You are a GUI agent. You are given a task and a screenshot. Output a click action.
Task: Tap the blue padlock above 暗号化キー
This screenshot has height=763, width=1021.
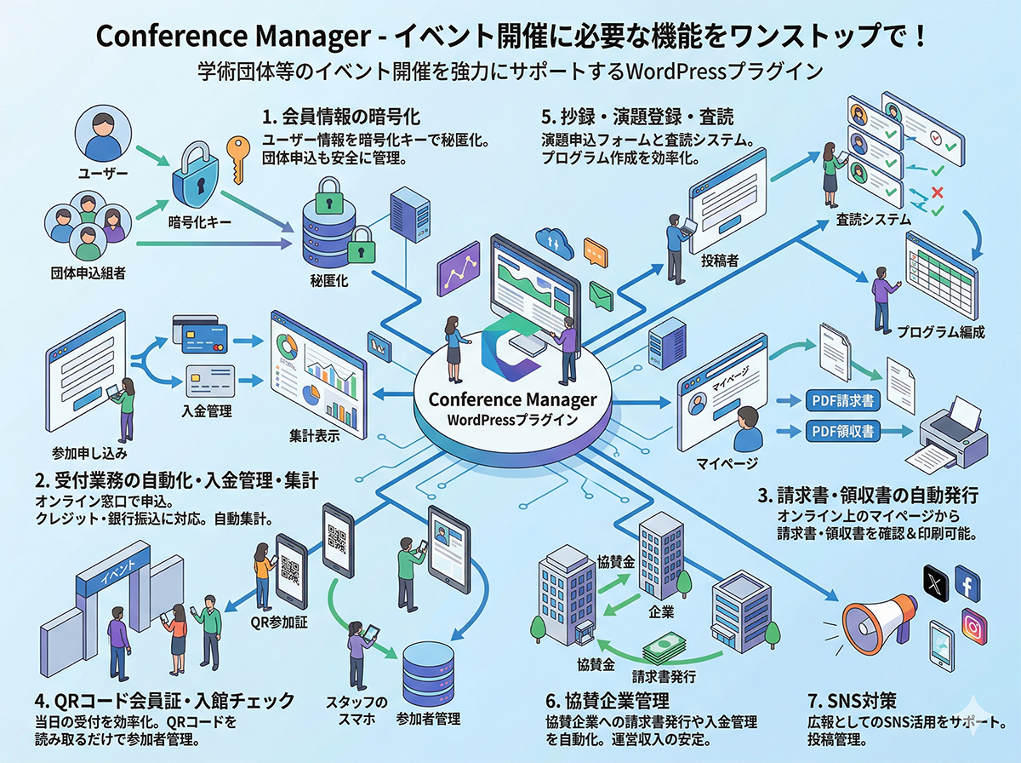click(x=198, y=179)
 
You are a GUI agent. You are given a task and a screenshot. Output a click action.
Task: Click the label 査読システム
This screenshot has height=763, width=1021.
click(x=873, y=220)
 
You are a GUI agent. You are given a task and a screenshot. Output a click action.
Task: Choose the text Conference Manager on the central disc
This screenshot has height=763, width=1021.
click(x=512, y=399)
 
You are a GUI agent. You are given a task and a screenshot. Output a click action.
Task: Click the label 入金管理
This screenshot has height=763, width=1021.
click(x=207, y=410)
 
